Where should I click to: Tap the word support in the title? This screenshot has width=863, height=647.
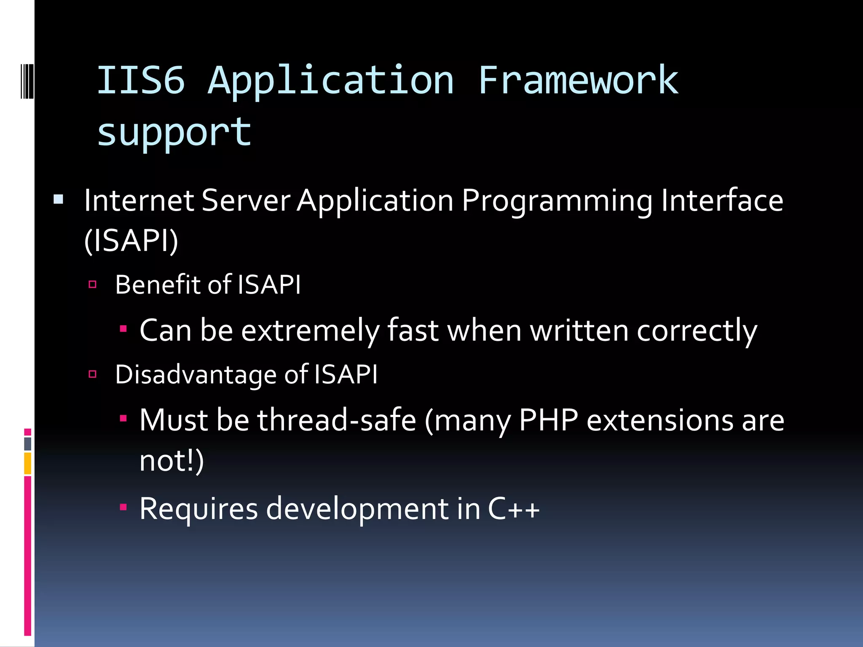tap(174, 133)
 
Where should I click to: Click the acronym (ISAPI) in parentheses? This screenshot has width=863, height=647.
tap(131, 241)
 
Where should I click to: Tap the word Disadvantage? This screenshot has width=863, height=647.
tap(196, 374)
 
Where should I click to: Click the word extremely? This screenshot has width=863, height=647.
tap(310, 331)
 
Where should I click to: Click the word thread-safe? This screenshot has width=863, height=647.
tap(337, 420)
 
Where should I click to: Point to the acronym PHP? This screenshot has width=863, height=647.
tap(548, 420)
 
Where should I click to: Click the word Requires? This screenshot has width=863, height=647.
tap(198, 510)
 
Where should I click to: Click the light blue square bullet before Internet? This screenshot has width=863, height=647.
tap(59, 199)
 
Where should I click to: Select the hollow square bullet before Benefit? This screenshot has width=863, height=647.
tap(93, 284)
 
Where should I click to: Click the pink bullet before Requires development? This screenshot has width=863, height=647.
tap(123, 507)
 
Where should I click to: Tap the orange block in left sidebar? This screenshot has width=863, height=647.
tap(28, 463)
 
